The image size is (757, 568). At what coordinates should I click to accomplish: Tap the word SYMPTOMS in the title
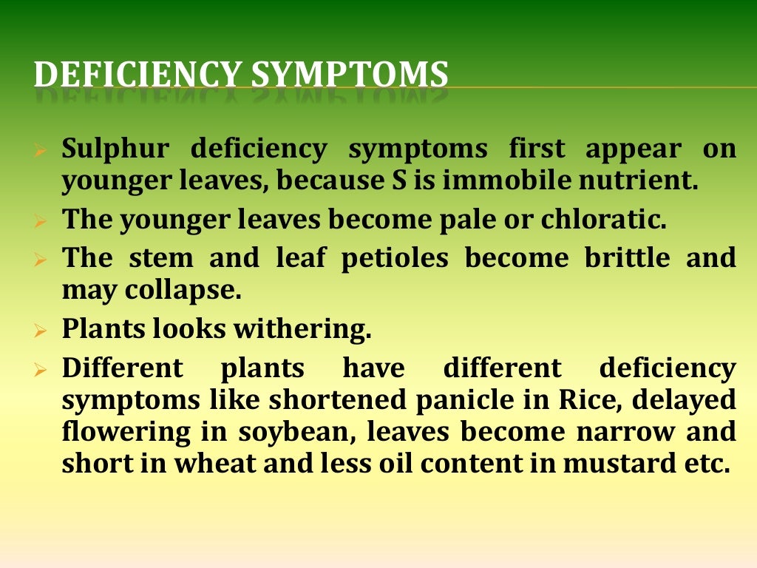point(350,76)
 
